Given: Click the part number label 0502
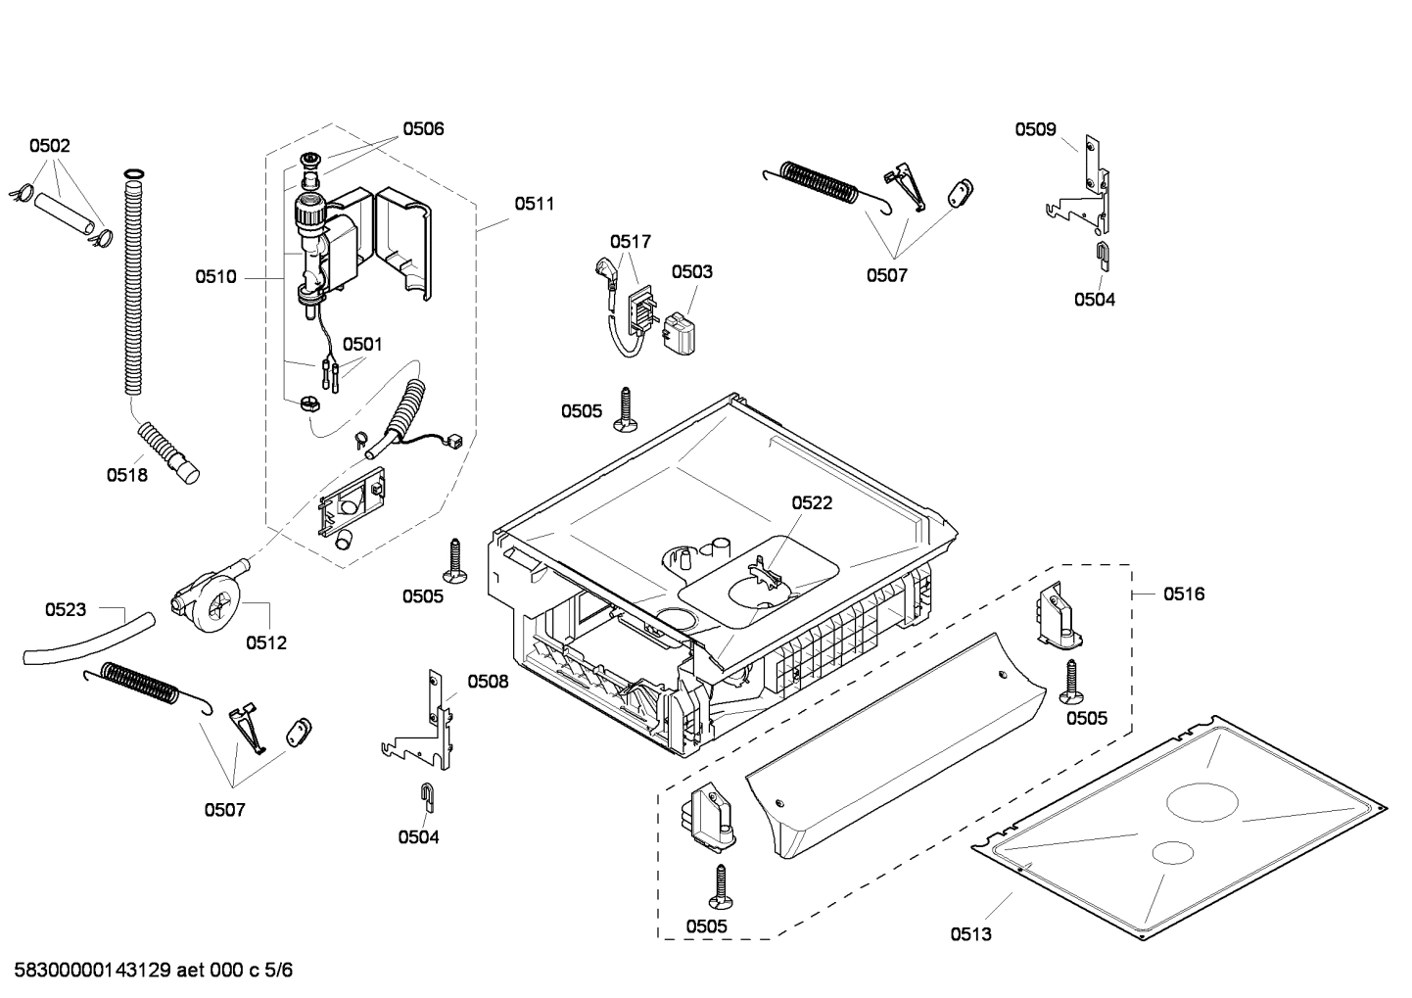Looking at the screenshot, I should coord(49,146).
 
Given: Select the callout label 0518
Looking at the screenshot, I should coord(126,475).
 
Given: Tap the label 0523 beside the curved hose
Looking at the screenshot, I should coord(66,609).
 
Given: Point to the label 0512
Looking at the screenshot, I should coord(266,642).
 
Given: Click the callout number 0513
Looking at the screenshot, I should coord(970,933).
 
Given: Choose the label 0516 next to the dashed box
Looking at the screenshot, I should coord(1184,594).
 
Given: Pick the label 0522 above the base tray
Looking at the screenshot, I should coord(812,502).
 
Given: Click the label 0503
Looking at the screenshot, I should coord(692,271).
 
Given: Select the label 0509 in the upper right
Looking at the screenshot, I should coord(1035,128).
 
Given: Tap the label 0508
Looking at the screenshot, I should coord(488,681).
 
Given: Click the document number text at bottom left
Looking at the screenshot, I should coord(153,970).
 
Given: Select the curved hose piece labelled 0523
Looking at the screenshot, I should coord(88,640).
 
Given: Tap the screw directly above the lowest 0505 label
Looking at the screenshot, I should coord(722,886).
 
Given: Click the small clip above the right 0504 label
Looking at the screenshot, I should coord(1101,254).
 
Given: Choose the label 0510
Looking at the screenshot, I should coord(215,277).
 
